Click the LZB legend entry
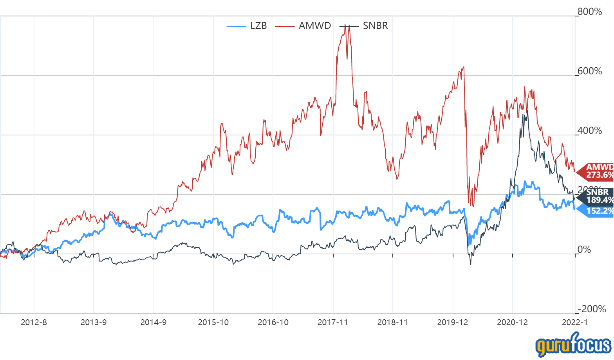[247, 26]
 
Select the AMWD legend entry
[303, 26]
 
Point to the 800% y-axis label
[590, 12]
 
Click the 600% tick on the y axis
[590, 71]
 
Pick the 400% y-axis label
[590, 131]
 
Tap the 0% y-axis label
[584, 250]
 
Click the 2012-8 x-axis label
[34, 322]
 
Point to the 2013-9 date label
[94, 322]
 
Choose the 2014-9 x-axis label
[153, 322]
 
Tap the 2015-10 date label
[213, 322]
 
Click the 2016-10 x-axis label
[273, 322]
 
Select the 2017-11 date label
[333, 322]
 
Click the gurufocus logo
[573, 345]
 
